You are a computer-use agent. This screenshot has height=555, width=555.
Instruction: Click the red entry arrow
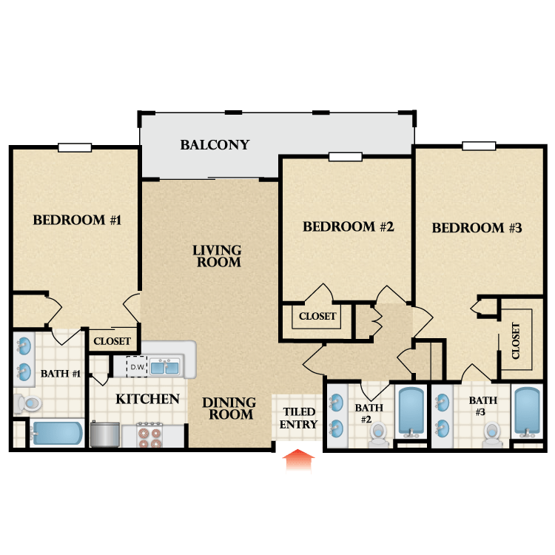click(298, 461)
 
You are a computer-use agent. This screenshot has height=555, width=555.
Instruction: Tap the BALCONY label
click(215, 145)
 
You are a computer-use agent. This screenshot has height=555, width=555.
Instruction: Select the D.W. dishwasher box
click(137, 367)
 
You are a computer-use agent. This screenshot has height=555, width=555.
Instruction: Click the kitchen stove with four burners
click(149, 434)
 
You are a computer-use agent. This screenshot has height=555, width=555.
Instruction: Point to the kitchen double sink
click(165, 367)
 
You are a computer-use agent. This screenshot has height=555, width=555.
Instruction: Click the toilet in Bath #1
click(27, 403)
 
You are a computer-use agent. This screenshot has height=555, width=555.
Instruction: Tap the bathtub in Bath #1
click(57, 433)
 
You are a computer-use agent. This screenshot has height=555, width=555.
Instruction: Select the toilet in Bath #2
click(378, 434)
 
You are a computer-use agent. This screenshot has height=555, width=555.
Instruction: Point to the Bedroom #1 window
click(75, 147)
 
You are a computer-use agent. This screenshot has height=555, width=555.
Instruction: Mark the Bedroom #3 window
click(479, 146)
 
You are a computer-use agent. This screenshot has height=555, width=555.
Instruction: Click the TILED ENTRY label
click(298, 417)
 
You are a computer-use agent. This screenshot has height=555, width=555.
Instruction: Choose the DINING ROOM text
click(229, 408)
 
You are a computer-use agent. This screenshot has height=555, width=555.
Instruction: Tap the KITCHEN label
click(147, 399)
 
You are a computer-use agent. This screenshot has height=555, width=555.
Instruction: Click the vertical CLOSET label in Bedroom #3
click(516, 340)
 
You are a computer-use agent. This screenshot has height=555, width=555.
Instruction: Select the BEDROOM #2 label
click(349, 226)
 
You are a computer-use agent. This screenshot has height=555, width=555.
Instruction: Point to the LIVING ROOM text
click(217, 256)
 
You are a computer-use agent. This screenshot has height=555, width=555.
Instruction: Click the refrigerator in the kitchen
click(105, 434)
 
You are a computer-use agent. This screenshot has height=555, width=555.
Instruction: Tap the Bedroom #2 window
click(346, 156)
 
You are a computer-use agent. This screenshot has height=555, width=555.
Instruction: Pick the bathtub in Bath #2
click(411, 412)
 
